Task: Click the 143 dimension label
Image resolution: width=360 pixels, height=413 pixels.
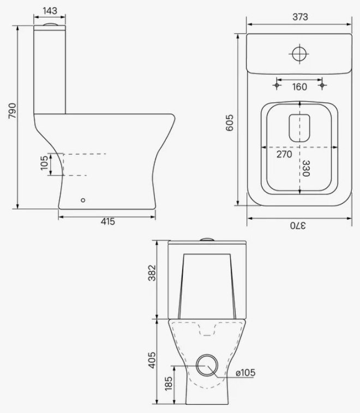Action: pos(50,11)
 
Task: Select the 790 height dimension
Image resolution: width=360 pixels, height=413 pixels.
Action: pos(12,111)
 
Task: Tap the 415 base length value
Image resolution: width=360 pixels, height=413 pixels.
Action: pos(108,222)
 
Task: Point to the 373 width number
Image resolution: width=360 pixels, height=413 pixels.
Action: pos(300,17)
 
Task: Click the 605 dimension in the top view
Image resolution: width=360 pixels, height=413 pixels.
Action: pos(230,123)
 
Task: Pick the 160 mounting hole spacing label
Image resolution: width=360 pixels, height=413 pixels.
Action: pos(299,87)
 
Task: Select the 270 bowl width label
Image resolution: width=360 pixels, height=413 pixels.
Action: pos(284,154)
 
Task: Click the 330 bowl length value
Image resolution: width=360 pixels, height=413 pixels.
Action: pos(305,168)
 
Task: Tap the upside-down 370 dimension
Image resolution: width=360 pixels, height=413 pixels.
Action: pos(298,226)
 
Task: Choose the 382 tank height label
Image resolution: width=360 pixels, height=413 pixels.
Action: pos(152,273)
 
